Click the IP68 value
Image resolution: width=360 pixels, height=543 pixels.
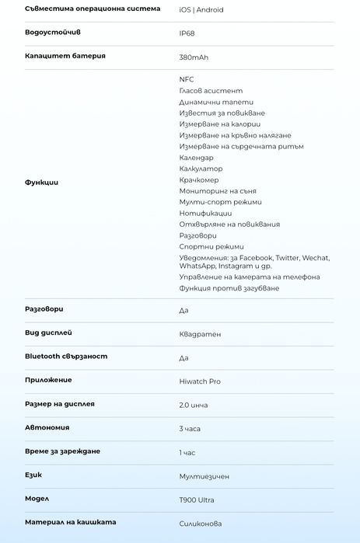coord(187,34)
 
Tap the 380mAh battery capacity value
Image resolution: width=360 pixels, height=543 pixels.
coord(194,57)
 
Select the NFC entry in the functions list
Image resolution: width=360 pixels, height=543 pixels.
coord(187,79)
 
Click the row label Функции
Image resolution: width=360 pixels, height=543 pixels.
coord(41,183)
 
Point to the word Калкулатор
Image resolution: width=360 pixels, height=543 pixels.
coord(201,169)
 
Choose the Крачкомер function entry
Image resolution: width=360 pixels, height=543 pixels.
coord(199,180)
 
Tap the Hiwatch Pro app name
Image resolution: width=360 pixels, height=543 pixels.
coord(200,381)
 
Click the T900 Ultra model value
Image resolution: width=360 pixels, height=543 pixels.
coord(197,500)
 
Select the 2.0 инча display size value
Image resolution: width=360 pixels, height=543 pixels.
coord(194,406)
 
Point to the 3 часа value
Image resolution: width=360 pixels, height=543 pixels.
coord(190,429)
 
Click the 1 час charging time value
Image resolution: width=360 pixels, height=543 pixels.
coord(187,452)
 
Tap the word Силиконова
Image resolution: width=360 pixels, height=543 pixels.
coord(200,524)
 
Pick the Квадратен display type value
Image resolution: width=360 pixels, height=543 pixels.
coord(200,334)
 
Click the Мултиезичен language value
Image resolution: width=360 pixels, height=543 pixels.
coord(204,476)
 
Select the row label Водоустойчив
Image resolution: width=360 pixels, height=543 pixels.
coord(52,33)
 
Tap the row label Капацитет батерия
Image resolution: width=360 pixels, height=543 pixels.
coord(65,56)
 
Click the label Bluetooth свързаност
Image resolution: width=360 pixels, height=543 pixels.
coord(66,357)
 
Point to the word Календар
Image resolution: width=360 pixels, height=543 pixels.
coord(196,158)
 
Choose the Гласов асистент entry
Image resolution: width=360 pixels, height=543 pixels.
coord(211,91)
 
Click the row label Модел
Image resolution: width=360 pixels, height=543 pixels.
coord(37,499)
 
